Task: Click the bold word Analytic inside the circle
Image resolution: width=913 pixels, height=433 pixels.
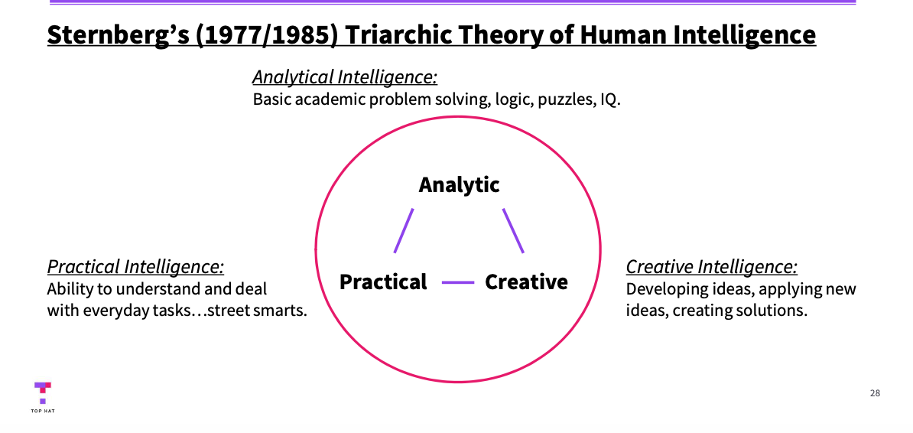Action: click(x=459, y=185)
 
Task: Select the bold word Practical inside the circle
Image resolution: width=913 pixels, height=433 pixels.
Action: click(x=383, y=282)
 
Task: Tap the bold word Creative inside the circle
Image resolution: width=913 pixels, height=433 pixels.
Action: click(x=526, y=282)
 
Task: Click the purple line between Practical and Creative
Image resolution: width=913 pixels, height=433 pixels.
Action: click(x=457, y=282)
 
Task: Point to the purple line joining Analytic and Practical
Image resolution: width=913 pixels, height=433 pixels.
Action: click(x=404, y=230)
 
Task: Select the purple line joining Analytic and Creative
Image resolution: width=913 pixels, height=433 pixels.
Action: click(x=513, y=230)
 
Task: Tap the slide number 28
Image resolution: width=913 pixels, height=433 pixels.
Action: click(x=875, y=393)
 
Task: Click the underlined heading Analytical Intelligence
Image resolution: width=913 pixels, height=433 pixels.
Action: click(x=344, y=77)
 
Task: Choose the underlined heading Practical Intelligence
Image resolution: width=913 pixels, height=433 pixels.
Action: click(x=135, y=267)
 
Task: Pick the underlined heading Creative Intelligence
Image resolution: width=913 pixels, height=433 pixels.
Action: click(x=711, y=267)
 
